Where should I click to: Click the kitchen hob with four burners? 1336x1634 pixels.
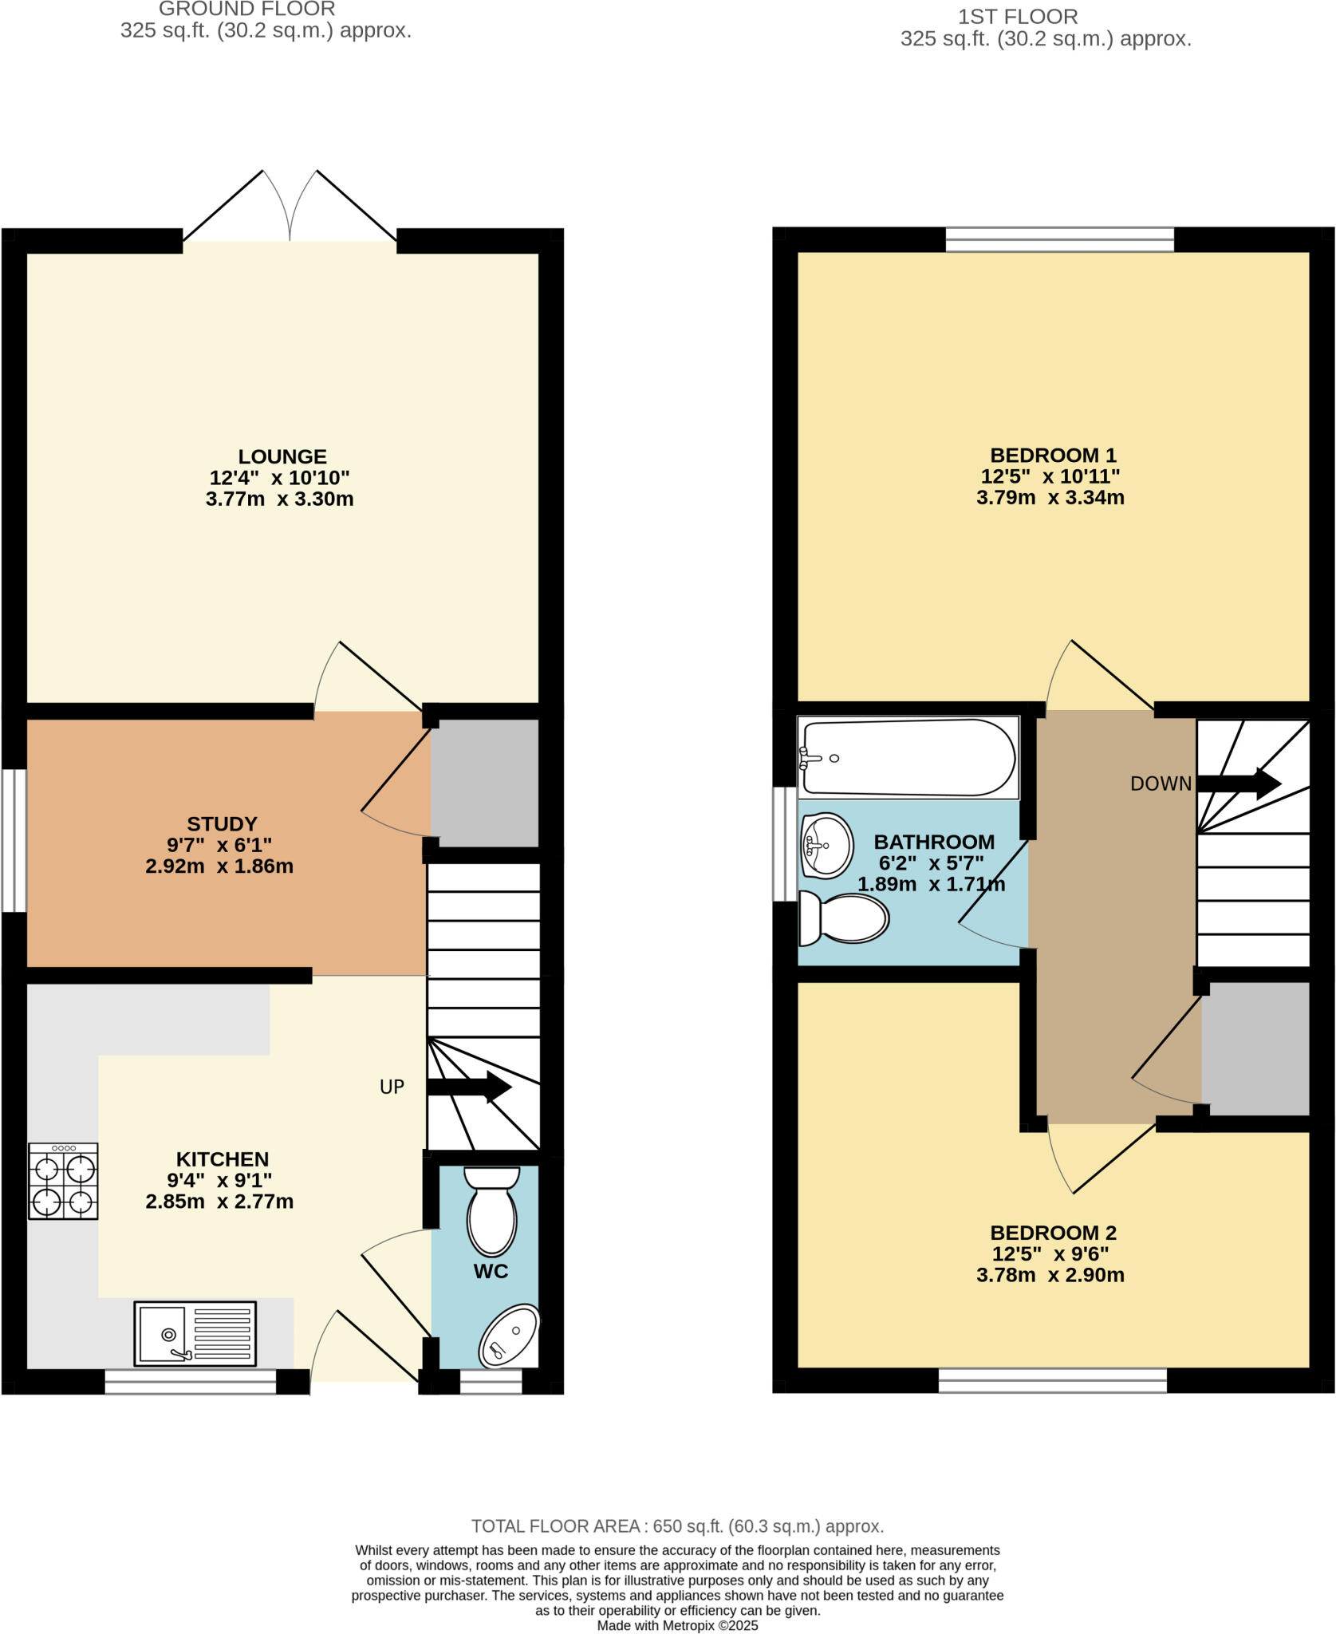[63, 1181]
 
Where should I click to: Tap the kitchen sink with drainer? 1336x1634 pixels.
[195, 1332]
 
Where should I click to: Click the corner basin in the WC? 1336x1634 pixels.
[509, 1336]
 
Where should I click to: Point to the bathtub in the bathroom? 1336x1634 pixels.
[908, 757]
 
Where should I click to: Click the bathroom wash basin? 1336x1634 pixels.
[826, 845]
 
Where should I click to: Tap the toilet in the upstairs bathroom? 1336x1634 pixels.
[844, 918]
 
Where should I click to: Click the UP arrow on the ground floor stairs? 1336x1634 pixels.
[469, 1087]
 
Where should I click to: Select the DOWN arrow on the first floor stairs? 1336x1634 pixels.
[1239, 783]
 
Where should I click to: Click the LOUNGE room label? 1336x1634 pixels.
[282, 456]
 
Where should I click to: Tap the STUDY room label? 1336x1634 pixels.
[222, 823]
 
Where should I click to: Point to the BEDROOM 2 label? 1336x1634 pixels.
[1053, 1233]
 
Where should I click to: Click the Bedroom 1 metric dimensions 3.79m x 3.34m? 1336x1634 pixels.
[1050, 498]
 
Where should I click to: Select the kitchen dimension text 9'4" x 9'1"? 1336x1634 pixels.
[220, 1180]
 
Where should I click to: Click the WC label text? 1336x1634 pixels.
[491, 1271]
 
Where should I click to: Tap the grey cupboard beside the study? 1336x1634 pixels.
[485, 783]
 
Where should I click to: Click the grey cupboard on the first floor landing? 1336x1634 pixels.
[1255, 1048]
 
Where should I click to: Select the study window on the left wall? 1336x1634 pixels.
[14, 839]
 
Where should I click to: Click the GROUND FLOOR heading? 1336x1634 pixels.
[246, 10]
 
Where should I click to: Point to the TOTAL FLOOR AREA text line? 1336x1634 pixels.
[677, 1526]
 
